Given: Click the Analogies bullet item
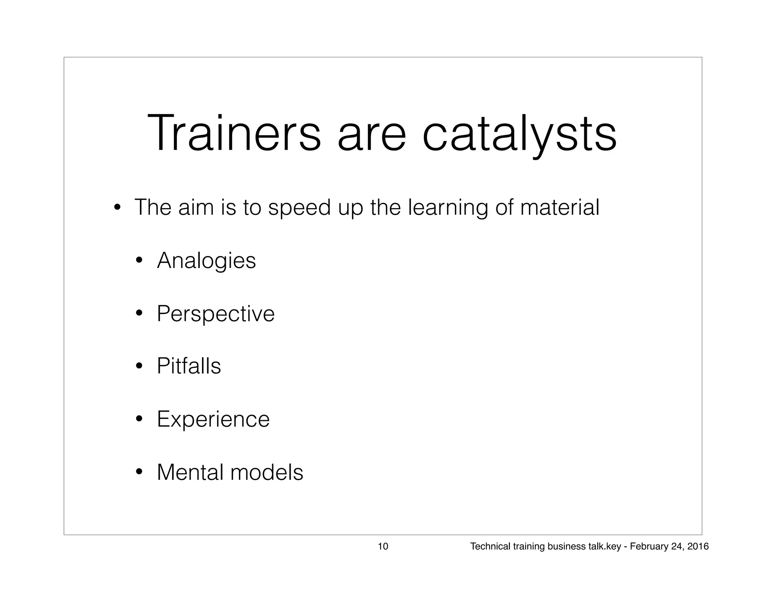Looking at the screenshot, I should click(206, 261).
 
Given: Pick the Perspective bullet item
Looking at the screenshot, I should click(216, 314).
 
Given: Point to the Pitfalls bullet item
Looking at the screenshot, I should click(189, 366).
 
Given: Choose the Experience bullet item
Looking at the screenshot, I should click(213, 419).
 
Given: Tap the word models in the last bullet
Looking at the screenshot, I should click(267, 472).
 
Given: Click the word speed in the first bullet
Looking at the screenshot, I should click(300, 208).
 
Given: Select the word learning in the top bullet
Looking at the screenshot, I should click(448, 208).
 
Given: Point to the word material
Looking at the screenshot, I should click(560, 208).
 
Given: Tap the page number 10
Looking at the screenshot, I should click(383, 547).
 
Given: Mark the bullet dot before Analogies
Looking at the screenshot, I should click(140, 261).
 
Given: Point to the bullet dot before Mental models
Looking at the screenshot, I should click(140, 472).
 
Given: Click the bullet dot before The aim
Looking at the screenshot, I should click(117, 208).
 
